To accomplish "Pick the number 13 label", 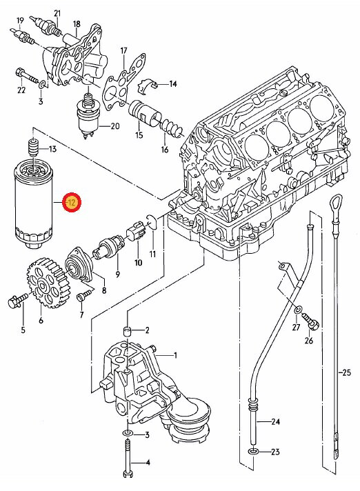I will coord(52,150).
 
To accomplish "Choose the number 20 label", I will coord(114,126).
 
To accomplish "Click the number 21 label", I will coord(57,13).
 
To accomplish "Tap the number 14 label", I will coord(172,84).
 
